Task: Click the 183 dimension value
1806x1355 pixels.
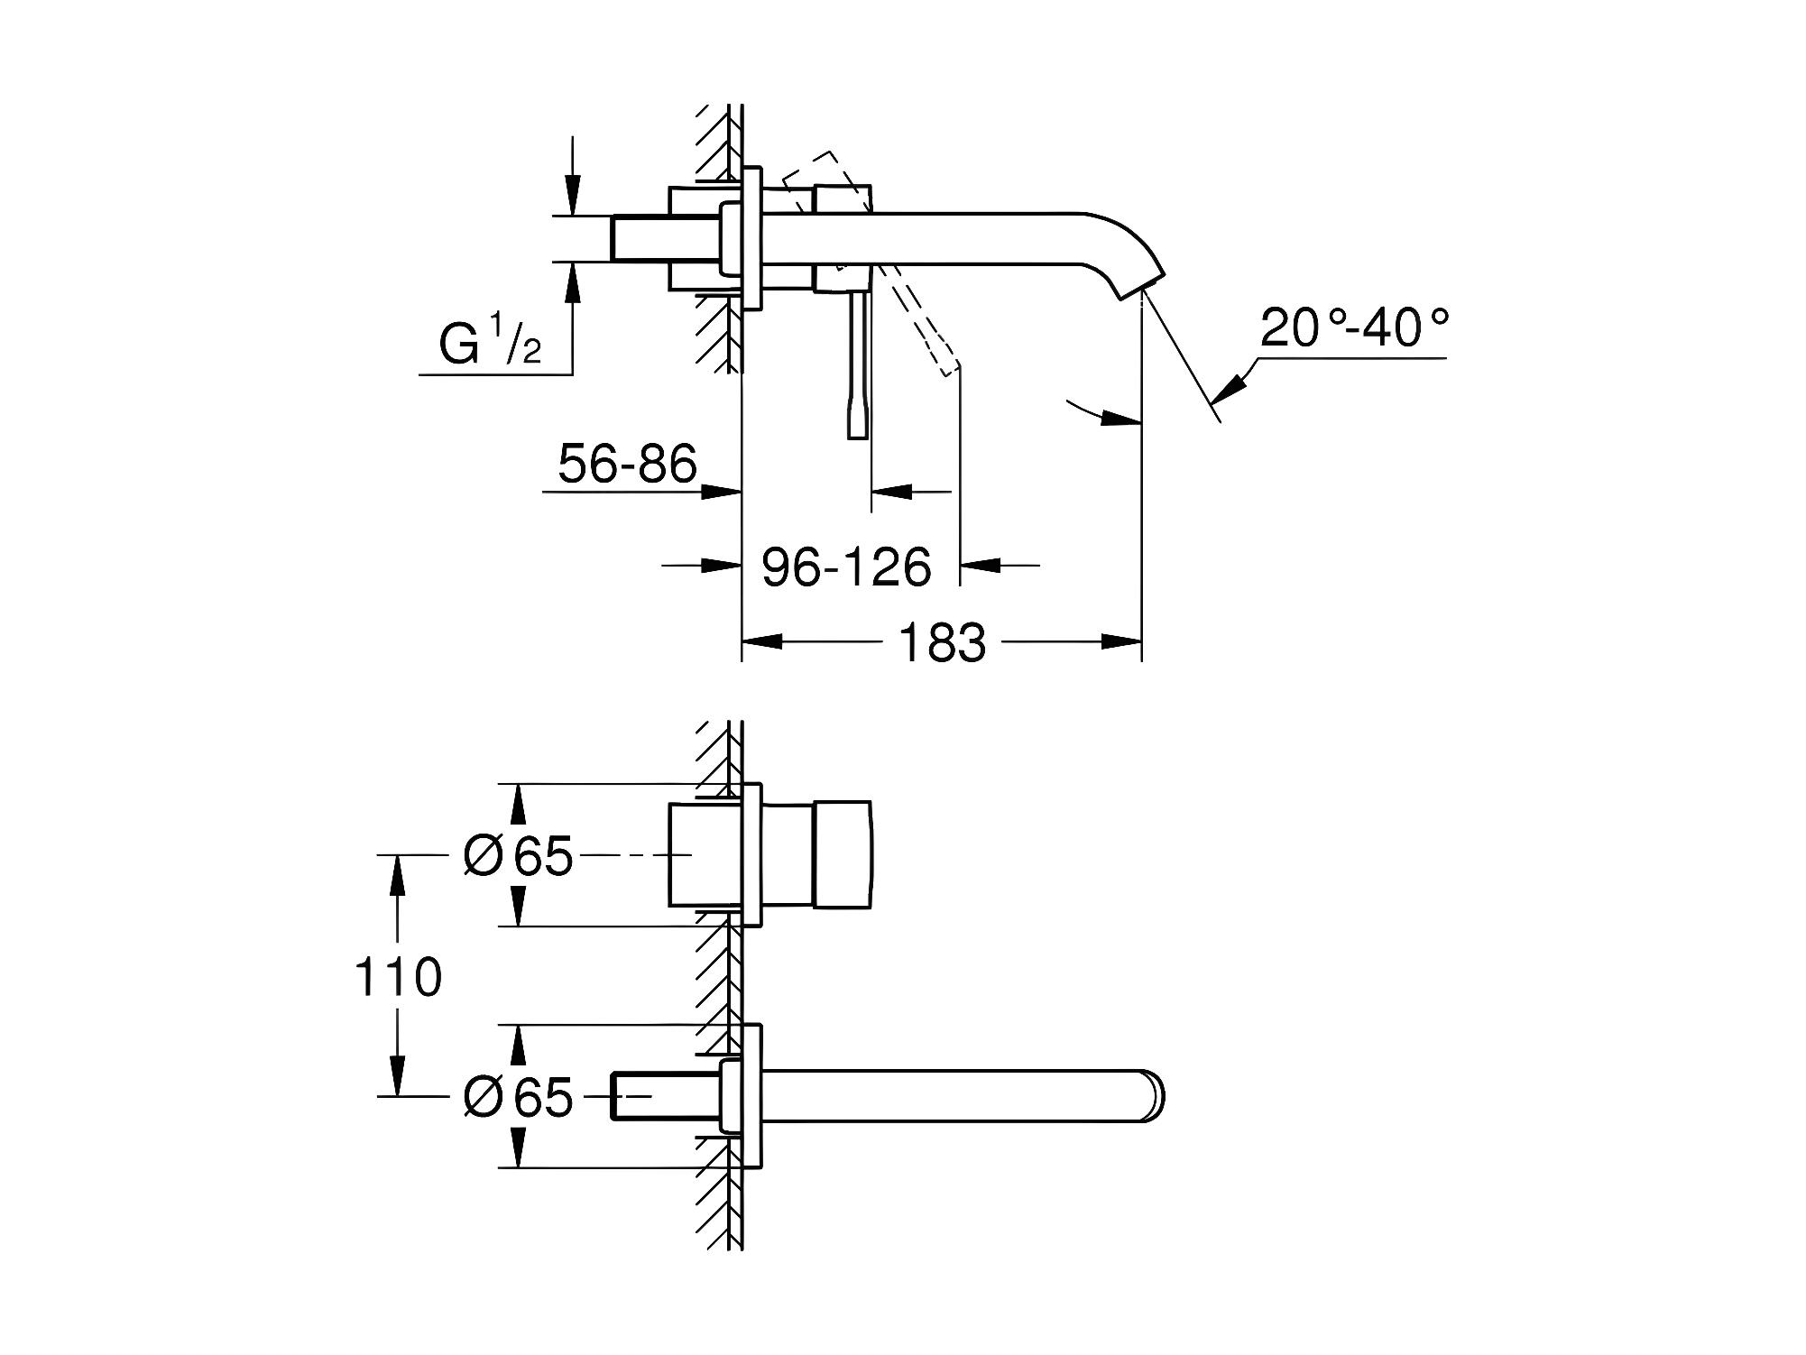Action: (942, 643)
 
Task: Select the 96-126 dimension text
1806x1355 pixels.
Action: (846, 567)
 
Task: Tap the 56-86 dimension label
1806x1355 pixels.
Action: (628, 464)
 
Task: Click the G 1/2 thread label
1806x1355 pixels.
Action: (490, 339)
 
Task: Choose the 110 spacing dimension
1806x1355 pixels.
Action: (398, 977)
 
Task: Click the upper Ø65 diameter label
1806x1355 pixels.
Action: (519, 854)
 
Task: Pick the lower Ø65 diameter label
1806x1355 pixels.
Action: (519, 1097)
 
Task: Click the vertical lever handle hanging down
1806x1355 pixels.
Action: (858, 365)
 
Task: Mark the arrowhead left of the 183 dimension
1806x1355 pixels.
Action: (761, 642)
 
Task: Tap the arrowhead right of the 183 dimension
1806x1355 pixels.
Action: (1121, 642)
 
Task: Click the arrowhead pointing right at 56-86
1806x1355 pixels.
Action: (722, 492)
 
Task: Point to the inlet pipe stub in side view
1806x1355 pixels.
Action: (640, 239)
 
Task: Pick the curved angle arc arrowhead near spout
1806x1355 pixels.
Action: (1122, 418)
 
